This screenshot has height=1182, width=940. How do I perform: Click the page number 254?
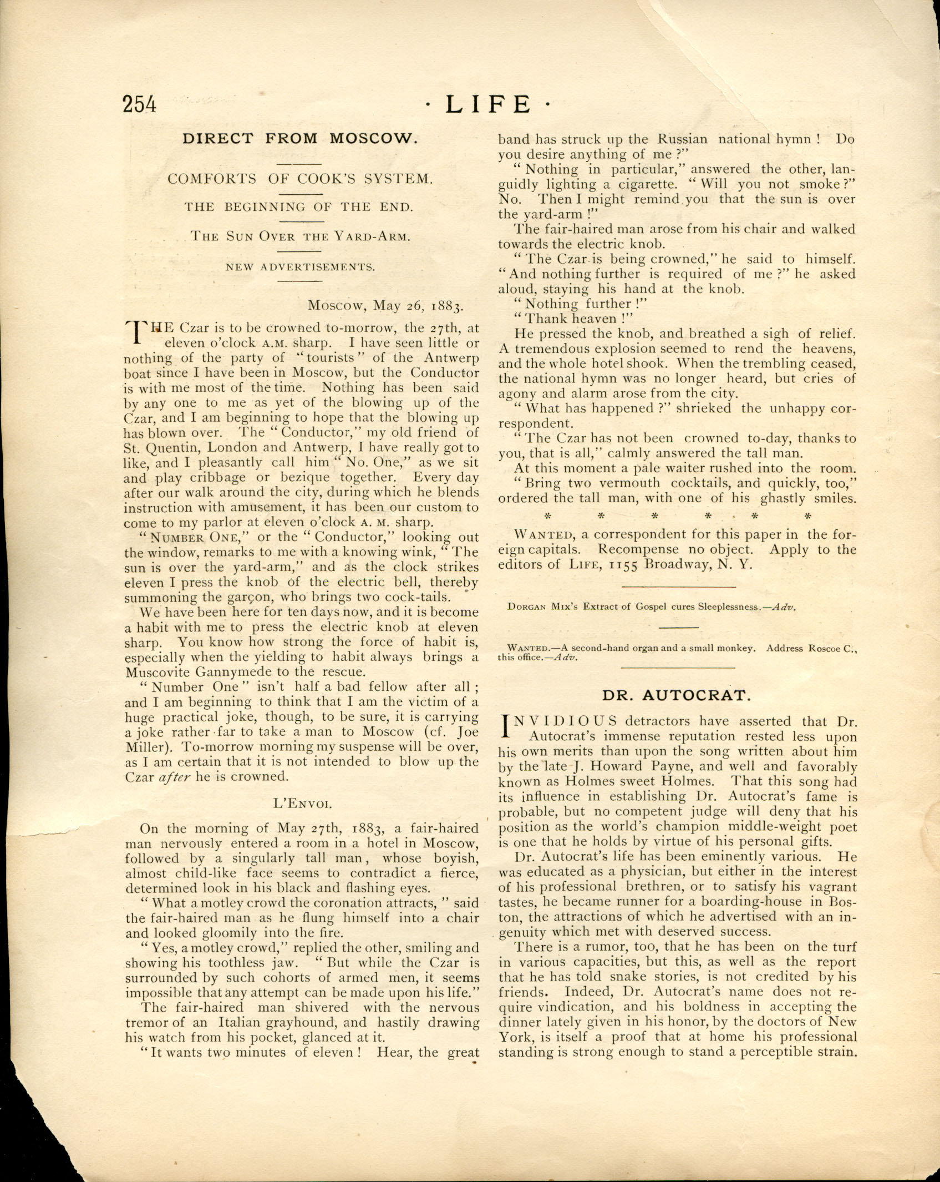pos(140,104)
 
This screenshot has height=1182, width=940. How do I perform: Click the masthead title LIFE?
pos(488,104)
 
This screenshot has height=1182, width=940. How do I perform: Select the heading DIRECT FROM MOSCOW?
pos(300,138)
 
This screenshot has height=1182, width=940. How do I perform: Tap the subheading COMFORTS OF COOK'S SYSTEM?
pos(300,179)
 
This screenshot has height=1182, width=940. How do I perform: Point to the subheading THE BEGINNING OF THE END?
pos(299,207)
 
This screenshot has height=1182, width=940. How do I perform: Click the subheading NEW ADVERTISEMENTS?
pos(300,267)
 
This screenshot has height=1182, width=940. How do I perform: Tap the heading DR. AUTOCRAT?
pos(677,695)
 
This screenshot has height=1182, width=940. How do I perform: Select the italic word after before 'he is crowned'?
pos(175,777)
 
